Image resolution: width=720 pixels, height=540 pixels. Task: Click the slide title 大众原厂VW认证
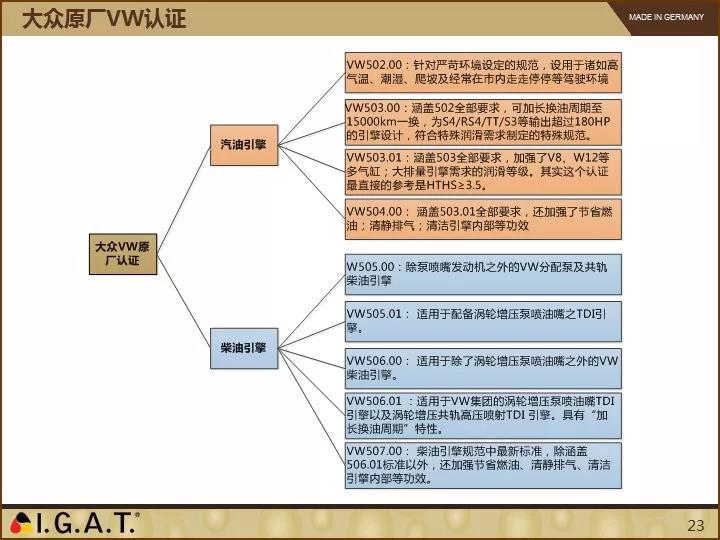(x=104, y=19)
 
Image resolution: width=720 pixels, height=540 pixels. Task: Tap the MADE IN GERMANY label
(x=666, y=17)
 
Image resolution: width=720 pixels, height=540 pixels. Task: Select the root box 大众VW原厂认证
(x=123, y=254)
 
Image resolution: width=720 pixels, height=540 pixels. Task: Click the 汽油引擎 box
(x=244, y=145)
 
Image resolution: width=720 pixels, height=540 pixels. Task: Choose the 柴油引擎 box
(x=244, y=348)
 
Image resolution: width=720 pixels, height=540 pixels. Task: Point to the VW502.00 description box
(x=483, y=73)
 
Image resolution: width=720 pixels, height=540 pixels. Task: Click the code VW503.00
(x=373, y=108)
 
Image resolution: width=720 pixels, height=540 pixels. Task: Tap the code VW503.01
(x=374, y=158)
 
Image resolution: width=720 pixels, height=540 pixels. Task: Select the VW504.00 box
(x=483, y=219)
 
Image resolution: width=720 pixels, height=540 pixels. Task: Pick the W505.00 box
(x=483, y=274)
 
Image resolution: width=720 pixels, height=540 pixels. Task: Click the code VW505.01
(x=374, y=314)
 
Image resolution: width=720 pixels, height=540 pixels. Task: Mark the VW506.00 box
(x=483, y=368)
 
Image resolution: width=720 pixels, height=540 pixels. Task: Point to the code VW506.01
(x=374, y=401)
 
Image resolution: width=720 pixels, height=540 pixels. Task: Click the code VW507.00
(x=374, y=451)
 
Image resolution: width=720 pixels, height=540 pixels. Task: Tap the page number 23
(x=696, y=525)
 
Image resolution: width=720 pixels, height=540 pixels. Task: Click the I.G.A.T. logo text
(x=87, y=523)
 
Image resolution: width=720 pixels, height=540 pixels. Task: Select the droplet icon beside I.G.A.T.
(x=21, y=523)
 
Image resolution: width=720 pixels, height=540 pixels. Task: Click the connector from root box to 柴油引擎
(x=184, y=301)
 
